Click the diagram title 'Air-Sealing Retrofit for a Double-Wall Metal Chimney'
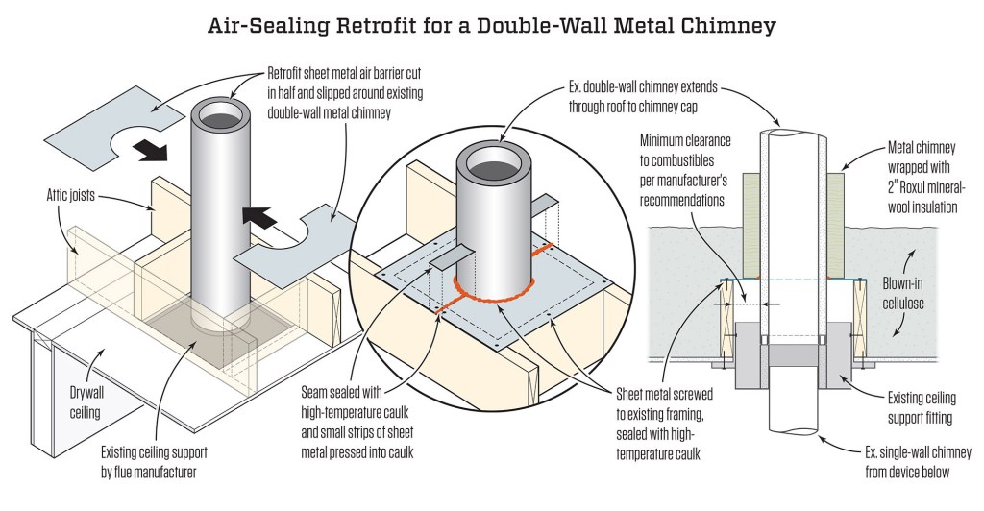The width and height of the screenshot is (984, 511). point(492,26)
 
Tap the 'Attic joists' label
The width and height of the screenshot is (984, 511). point(71,195)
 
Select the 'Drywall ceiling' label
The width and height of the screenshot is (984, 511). point(85,402)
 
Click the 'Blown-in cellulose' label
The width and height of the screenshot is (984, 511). point(903,293)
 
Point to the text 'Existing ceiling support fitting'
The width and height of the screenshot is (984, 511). point(922,407)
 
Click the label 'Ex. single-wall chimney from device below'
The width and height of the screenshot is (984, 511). point(918,462)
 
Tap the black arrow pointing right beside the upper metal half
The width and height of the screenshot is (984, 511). point(153,150)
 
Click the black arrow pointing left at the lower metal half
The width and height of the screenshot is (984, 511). point(259,218)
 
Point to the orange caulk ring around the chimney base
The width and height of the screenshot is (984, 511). point(493,295)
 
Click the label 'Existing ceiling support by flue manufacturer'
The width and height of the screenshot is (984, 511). point(154,461)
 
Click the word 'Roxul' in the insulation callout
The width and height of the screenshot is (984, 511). point(916,187)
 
